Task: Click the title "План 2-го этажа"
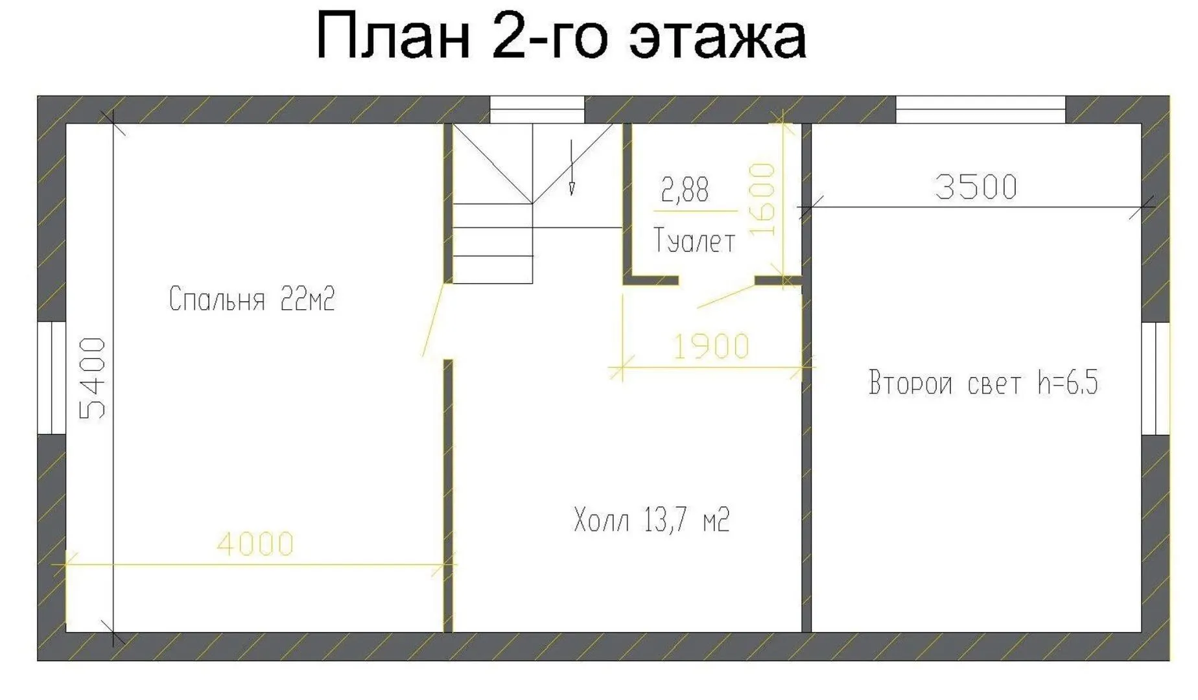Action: click(x=561, y=36)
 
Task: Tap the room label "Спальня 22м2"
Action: click(x=252, y=299)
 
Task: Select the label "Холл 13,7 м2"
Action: click(x=652, y=520)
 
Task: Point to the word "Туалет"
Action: click(x=694, y=240)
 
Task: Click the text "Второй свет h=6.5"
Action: click(x=983, y=382)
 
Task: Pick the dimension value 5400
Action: click(x=93, y=379)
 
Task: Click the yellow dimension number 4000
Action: click(x=255, y=544)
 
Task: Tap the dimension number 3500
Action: click(x=976, y=187)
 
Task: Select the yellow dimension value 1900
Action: click(x=712, y=347)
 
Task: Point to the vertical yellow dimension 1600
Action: click(x=762, y=200)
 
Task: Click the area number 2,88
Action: click(x=685, y=190)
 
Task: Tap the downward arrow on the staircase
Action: click(x=571, y=167)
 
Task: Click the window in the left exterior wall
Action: click(x=52, y=377)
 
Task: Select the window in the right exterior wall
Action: click(x=1155, y=379)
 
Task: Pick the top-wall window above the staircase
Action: click(x=537, y=110)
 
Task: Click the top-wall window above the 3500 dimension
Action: click(x=981, y=110)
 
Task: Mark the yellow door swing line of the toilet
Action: click(x=726, y=296)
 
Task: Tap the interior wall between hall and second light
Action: click(x=806, y=378)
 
